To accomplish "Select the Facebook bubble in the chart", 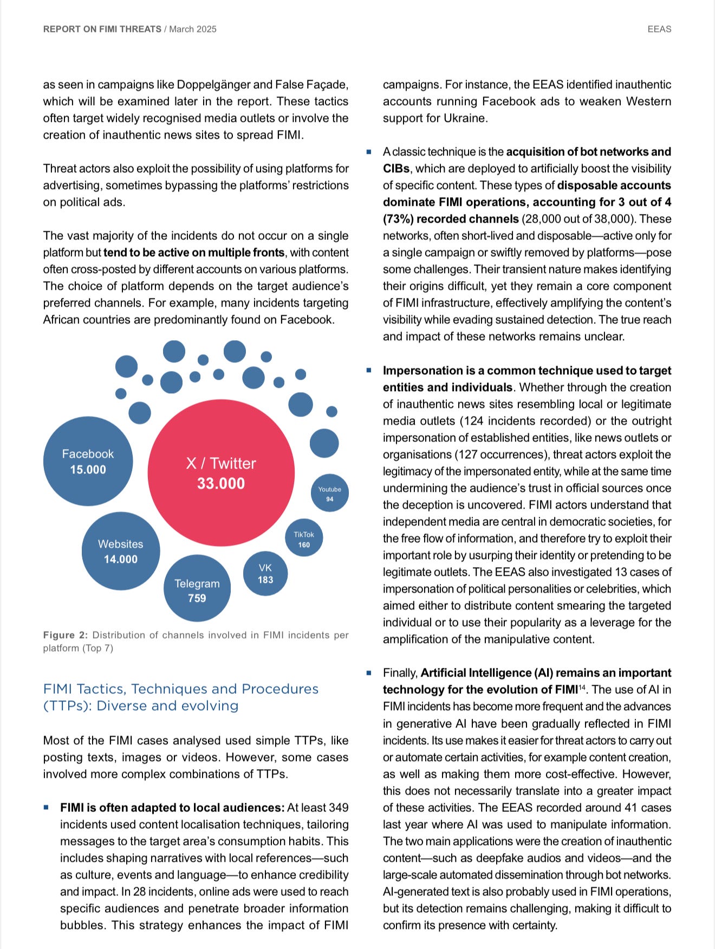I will [88, 461].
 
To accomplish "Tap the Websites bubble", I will [121, 551].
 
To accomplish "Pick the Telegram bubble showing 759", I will [197, 588].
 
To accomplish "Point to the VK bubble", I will [265, 573].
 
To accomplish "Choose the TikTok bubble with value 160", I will [304, 538].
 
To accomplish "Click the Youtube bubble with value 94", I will [329, 493].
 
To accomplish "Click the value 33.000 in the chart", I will [221, 483].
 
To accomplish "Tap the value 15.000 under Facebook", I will [88, 470].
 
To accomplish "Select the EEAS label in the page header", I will [659, 29].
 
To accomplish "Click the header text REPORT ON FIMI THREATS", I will [102, 29].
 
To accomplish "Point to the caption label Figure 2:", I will [66, 635].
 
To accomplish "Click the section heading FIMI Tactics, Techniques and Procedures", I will [181, 689].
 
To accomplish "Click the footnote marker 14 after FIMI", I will [582, 687].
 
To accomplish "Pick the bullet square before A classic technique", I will [369, 152].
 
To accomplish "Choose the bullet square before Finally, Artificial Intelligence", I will [369, 673].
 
